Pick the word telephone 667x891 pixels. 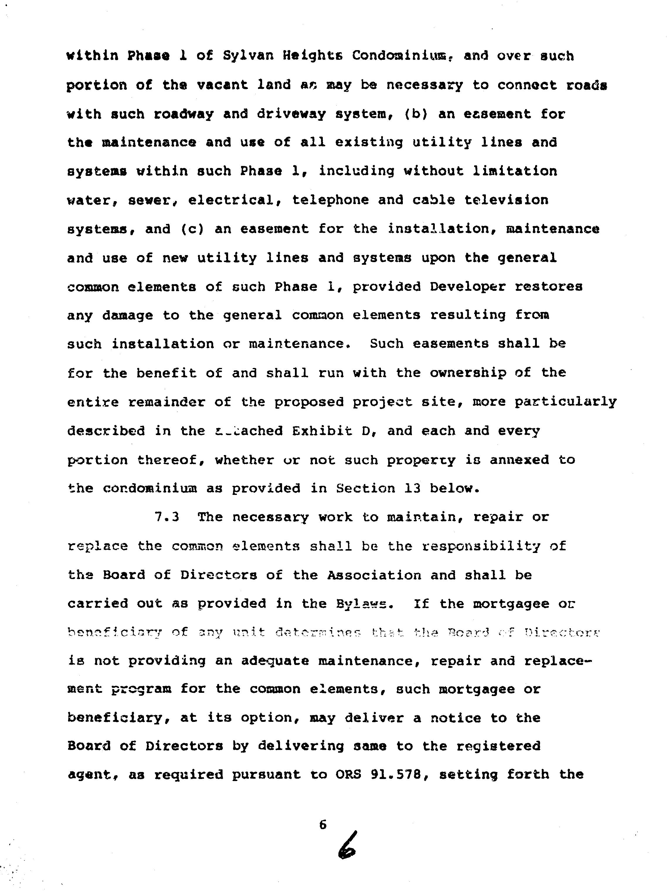pos(330,200)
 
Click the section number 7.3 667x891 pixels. pos(167,517)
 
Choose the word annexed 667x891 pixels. pos(519,460)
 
